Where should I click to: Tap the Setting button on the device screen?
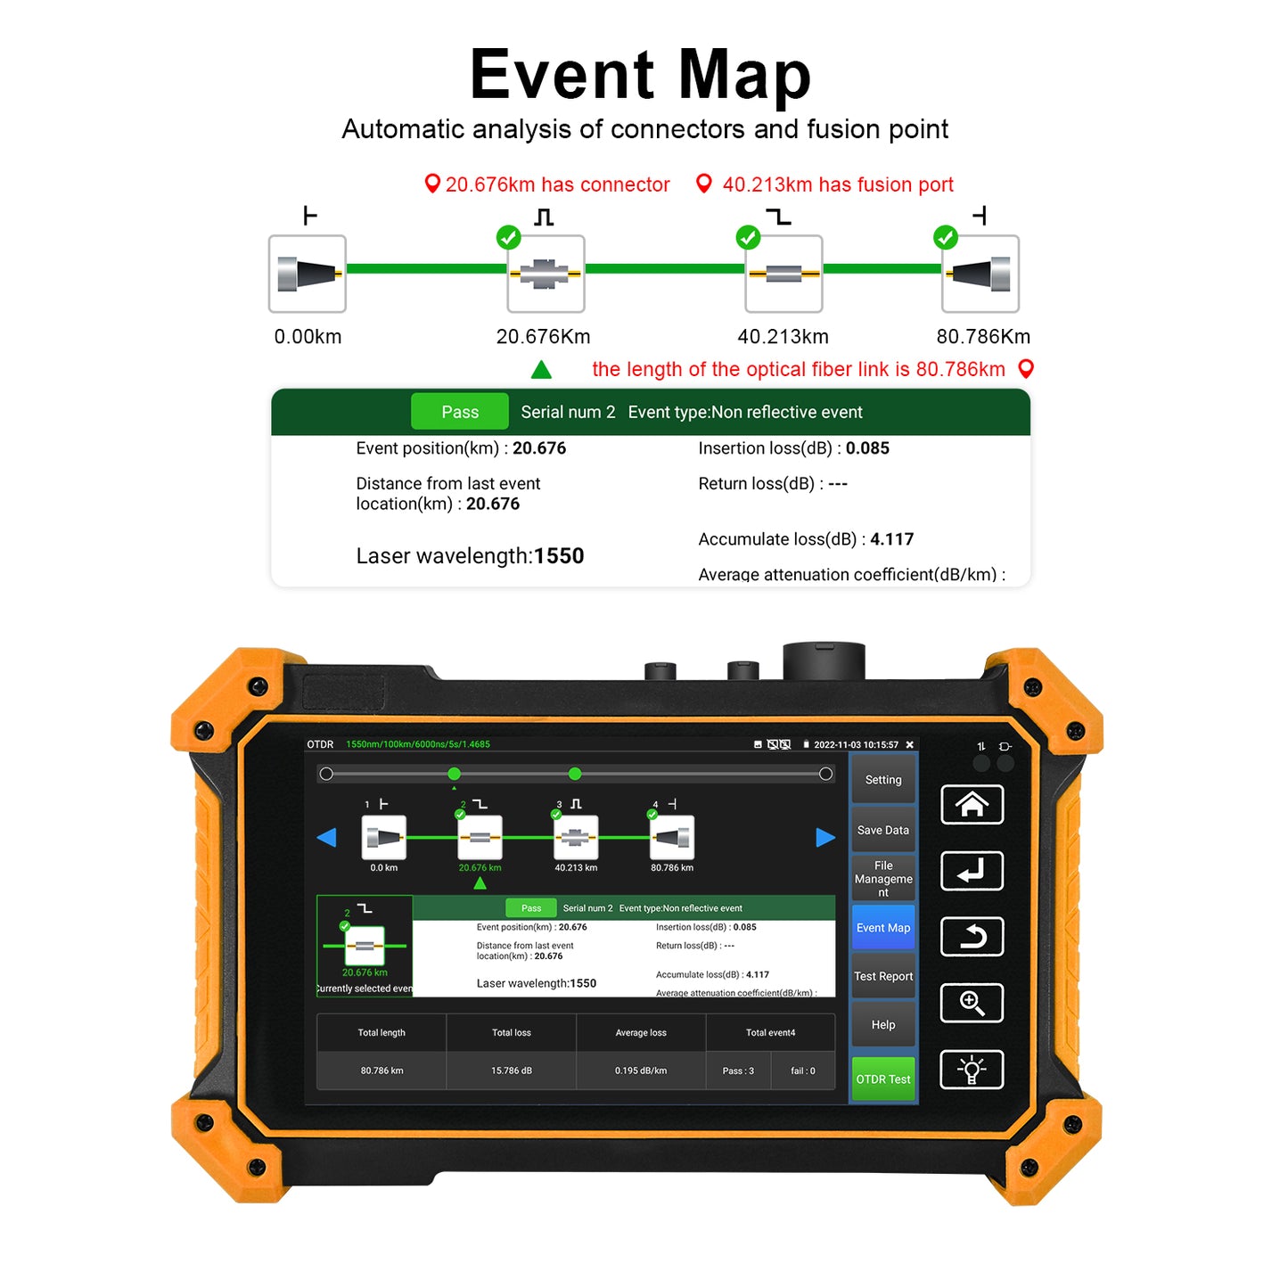(x=882, y=780)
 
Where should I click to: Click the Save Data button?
(x=882, y=830)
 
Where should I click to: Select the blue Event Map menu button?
(x=882, y=928)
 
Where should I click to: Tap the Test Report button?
(x=882, y=976)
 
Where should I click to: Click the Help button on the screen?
(x=882, y=1025)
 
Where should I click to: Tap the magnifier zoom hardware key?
(x=972, y=1003)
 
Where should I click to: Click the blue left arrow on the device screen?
(x=327, y=838)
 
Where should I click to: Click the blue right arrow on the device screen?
(x=825, y=838)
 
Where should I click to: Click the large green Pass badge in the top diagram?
(x=460, y=412)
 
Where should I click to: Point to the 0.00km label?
(x=308, y=337)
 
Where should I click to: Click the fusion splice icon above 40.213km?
(x=783, y=274)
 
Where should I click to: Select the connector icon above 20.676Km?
(x=546, y=274)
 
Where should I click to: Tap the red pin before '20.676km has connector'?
(x=432, y=184)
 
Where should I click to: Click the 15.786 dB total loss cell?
(x=511, y=1071)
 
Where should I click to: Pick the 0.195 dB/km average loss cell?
(x=640, y=1071)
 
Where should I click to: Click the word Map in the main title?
(x=744, y=75)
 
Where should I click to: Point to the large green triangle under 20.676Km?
(x=541, y=369)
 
